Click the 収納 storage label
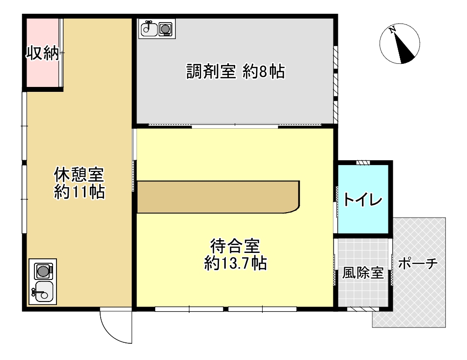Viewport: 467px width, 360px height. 42,53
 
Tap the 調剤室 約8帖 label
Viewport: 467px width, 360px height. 235,72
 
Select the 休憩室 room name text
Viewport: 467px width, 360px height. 79,175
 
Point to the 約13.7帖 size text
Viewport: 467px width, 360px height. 235,264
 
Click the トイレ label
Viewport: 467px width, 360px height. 363,200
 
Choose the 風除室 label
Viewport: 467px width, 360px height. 363,273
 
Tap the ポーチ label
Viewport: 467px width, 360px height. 417,264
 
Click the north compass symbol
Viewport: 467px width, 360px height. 400,44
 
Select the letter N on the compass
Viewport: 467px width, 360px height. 392,30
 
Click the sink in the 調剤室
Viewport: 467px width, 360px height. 148,29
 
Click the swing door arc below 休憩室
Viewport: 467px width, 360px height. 114,328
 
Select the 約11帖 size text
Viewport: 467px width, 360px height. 79,192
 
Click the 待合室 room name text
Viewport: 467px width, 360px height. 235,245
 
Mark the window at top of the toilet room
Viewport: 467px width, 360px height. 363,163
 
